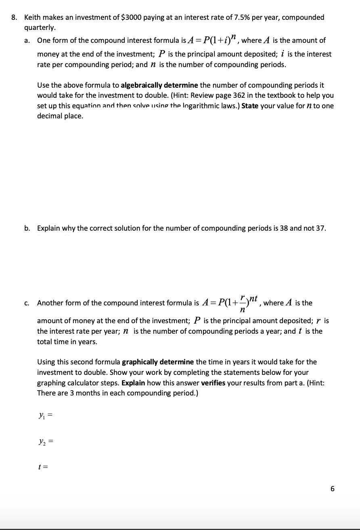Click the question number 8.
click(14, 18)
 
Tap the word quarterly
click(40, 28)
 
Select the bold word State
click(250, 106)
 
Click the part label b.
click(27, 228)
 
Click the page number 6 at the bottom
click(332, 489)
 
